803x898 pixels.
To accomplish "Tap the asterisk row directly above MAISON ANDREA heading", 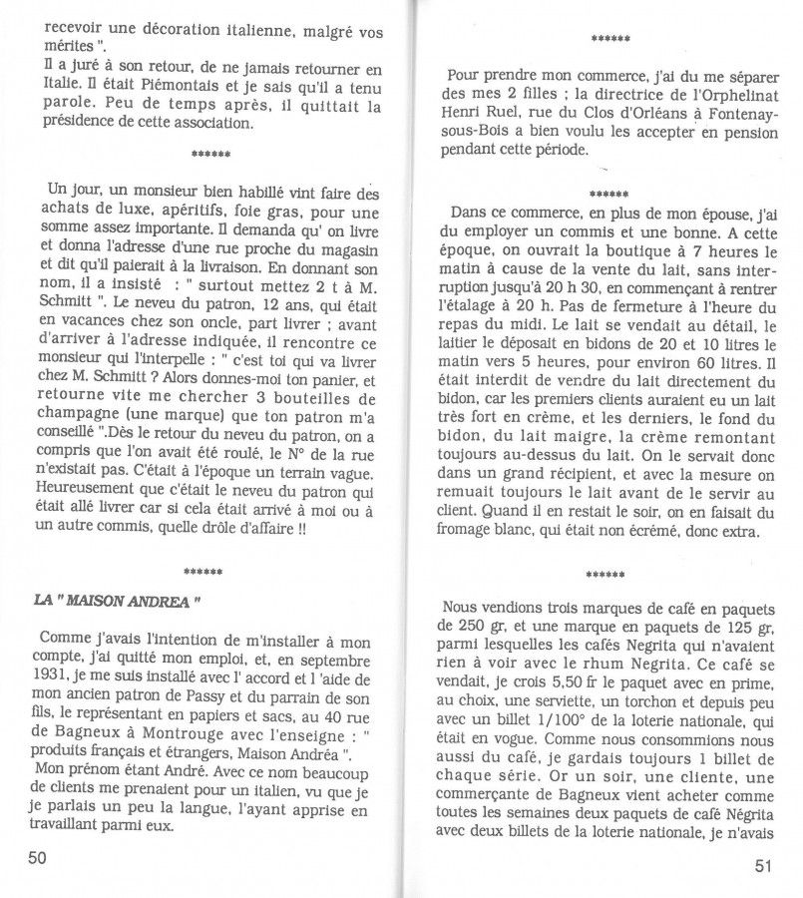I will coord(209,573).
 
